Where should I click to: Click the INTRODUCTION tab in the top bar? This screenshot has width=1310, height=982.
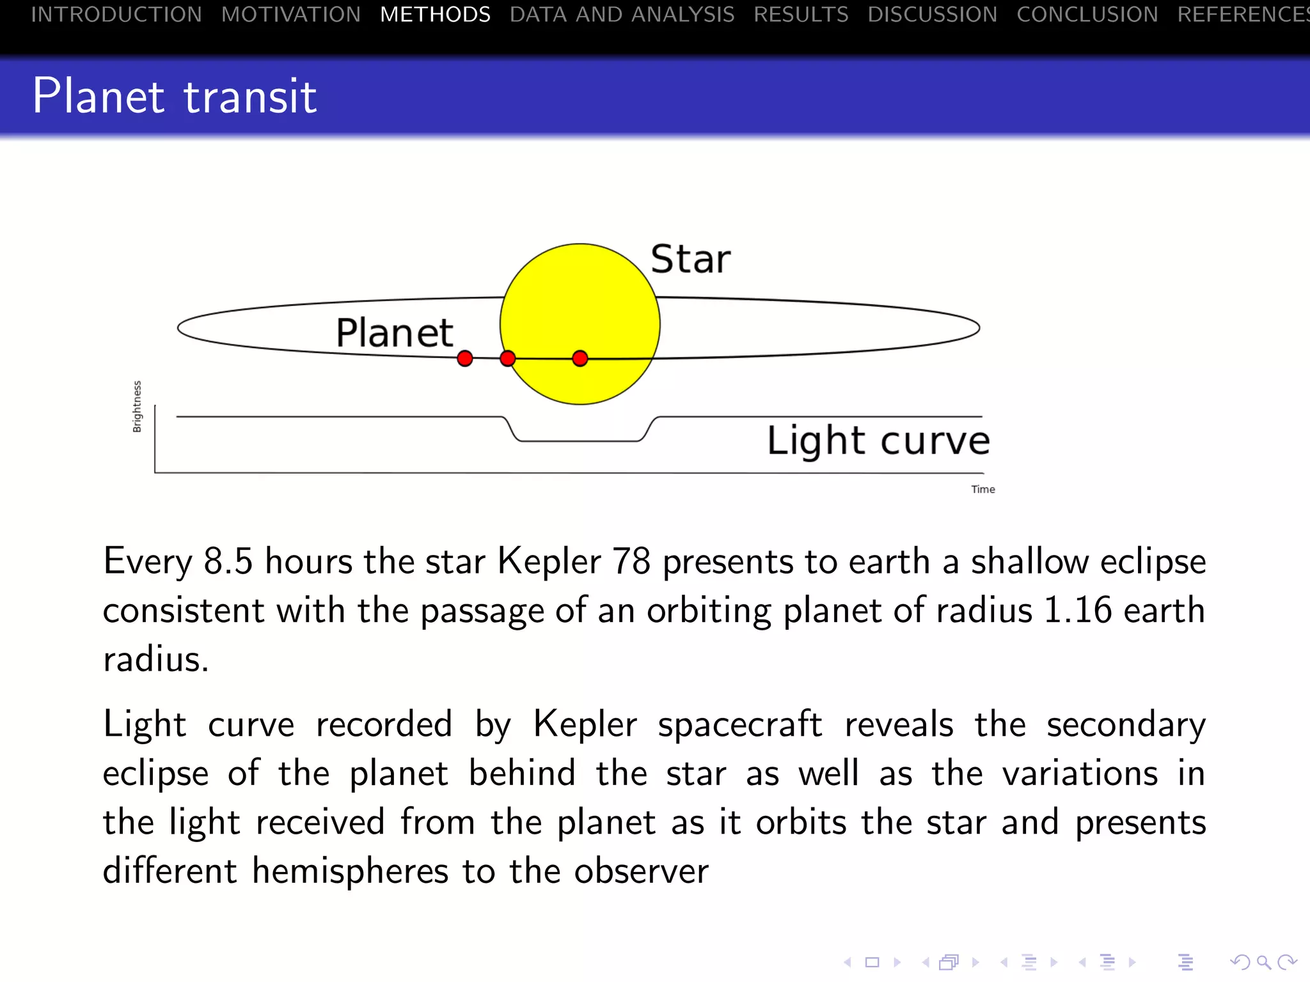point(116,14)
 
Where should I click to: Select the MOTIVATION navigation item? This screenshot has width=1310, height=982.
point(291,14)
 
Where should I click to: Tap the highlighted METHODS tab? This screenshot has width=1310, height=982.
point(435,14)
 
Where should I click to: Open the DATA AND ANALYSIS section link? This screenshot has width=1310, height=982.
point(622,14)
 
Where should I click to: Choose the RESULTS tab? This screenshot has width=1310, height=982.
point(801,14)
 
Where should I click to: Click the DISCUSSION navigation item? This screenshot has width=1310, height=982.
point(932,14)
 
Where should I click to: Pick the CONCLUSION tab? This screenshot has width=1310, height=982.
point(1087,14)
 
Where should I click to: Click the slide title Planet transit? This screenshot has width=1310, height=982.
point(175,97)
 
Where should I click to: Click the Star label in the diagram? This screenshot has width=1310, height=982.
point(690,260)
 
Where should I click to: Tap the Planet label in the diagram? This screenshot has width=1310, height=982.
point(395,333)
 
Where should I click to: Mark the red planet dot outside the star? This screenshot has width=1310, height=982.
point(465,359)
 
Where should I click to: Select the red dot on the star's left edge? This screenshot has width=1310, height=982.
point(508,359)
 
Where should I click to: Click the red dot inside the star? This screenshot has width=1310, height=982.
point(580,359)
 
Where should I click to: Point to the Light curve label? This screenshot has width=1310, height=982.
point(878,440)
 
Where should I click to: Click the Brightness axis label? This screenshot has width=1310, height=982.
point(137,407)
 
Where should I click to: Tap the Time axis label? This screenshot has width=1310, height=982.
point(982,489)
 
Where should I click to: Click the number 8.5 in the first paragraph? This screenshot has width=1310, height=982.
point(228,562)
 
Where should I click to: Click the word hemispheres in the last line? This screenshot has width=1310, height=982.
point(350,871)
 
